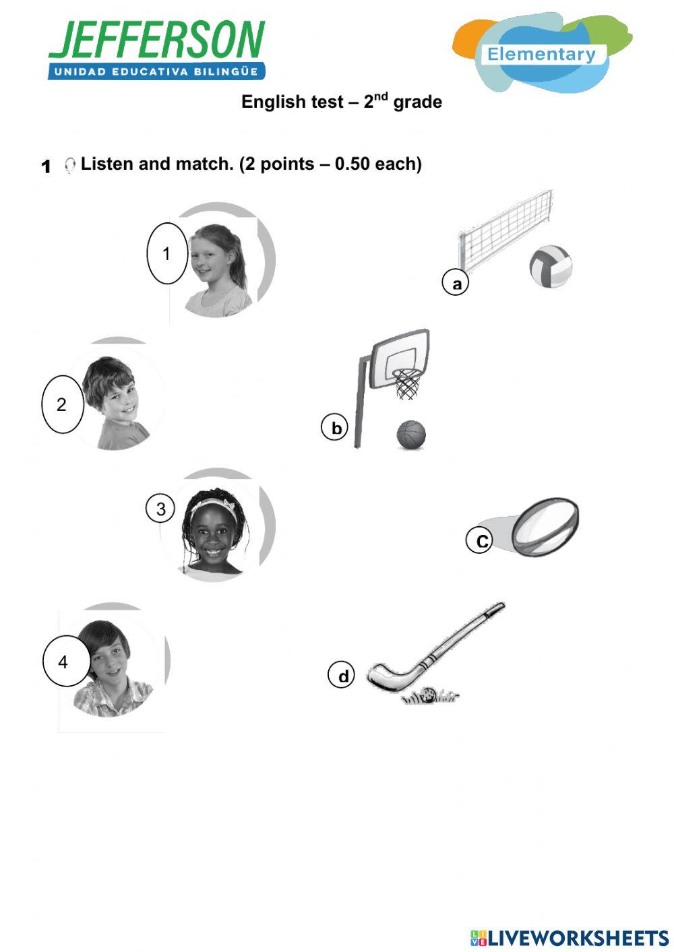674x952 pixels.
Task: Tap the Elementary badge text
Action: tap(541, 55)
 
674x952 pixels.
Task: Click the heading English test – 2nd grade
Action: tap(342, 102)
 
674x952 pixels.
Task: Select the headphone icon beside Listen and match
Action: tap(69, 165)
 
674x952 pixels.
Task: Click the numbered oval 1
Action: tap(166, 253)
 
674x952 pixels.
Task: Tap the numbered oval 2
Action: tap(62, 404)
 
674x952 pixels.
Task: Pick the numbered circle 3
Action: tap(160, 509)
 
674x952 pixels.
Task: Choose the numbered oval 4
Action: tap(65, 662)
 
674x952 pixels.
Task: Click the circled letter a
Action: tap(456, 284)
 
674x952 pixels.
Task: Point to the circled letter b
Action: tap(335, 428)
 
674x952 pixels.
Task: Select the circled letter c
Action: tap(480, 540)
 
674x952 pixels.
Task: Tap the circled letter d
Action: tap(342, 675)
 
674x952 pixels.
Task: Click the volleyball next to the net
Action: tap(551, 267)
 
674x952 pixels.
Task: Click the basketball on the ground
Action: tap(411, 435)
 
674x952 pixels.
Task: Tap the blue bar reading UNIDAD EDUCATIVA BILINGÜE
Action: tap(156, 71)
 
